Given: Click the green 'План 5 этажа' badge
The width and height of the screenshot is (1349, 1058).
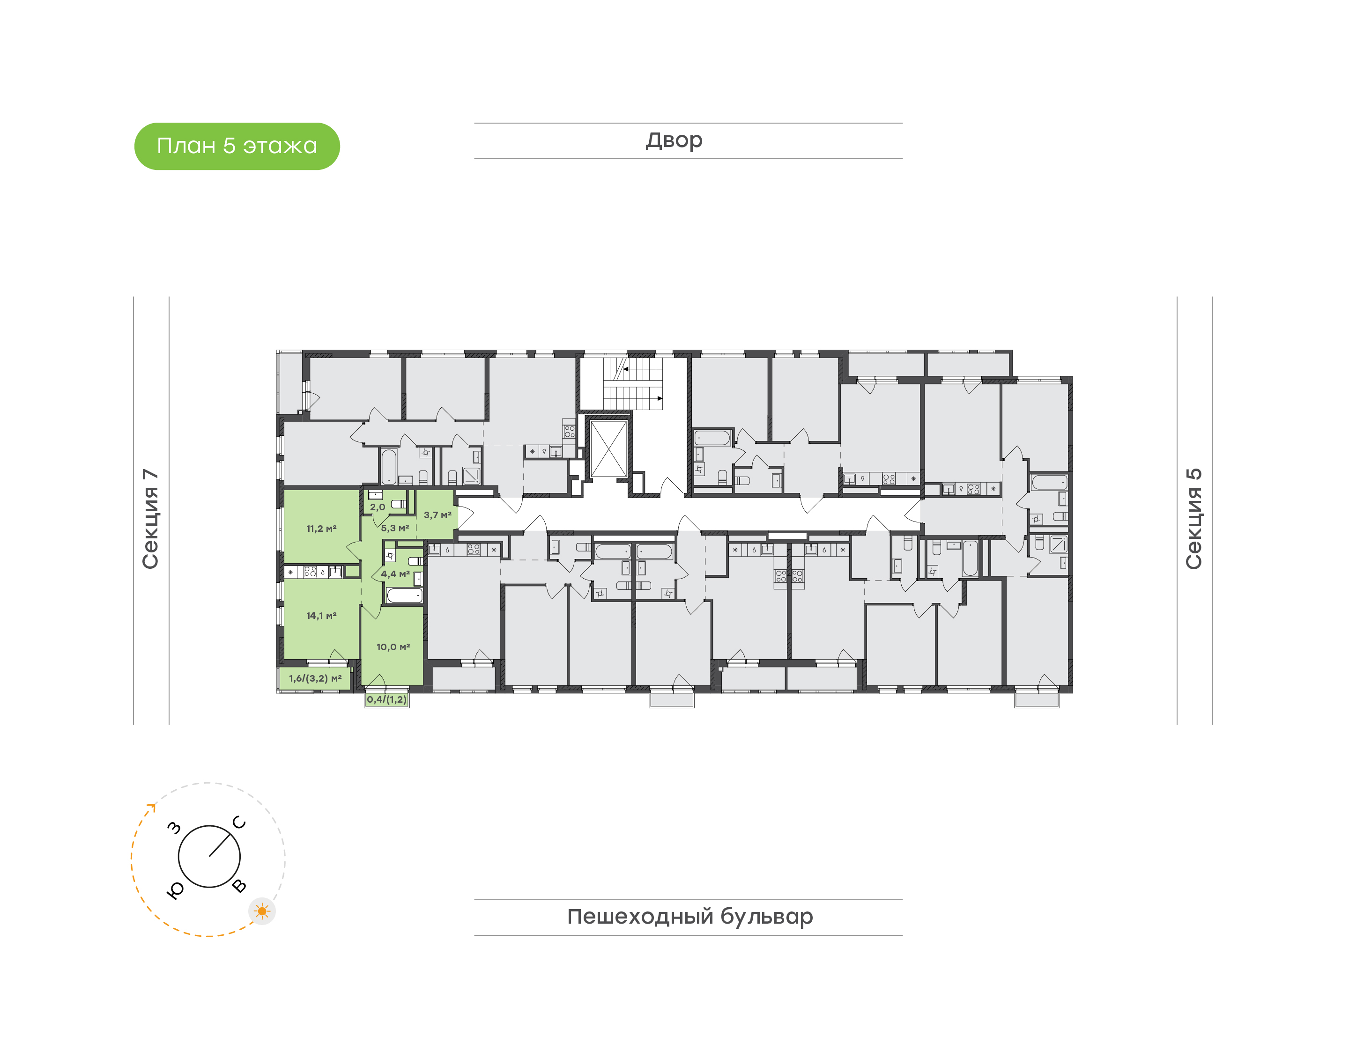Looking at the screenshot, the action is [x=237, y=146].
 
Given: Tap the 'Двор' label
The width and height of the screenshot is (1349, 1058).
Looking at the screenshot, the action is [x=674, y=140].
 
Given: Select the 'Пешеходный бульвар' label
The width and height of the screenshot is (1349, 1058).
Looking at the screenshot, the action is [x=689, y=917].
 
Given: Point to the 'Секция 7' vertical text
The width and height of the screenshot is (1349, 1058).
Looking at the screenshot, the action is [x=150, y=519].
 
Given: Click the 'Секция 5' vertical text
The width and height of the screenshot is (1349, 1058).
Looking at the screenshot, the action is [x=1194, y=519].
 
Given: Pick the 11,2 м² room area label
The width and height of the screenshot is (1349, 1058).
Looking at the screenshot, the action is [x=321, y=529].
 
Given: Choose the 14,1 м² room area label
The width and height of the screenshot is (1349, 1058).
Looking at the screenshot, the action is [x=321, y=615].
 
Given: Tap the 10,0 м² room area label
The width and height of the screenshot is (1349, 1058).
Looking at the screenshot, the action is [x=393, y=647].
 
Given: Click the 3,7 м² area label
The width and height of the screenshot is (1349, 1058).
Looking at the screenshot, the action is [x=437, y=515].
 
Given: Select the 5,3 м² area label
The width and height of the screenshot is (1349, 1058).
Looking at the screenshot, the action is [x=395, y=528].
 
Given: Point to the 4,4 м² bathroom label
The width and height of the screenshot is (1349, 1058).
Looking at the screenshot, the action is [x=395, y=573].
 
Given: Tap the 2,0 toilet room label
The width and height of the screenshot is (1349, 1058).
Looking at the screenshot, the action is [x=378, y=507].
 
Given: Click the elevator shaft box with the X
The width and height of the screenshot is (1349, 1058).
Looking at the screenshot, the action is [x=608, y=449].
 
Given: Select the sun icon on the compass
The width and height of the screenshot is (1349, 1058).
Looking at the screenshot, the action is [x=262, y=911].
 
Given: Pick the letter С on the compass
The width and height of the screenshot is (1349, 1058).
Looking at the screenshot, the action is [x=239, y=823].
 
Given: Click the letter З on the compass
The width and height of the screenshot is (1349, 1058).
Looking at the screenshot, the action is [x=175, y=828].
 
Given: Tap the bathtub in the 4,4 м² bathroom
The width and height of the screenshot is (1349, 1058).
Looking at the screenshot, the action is [x=405, y=595].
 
